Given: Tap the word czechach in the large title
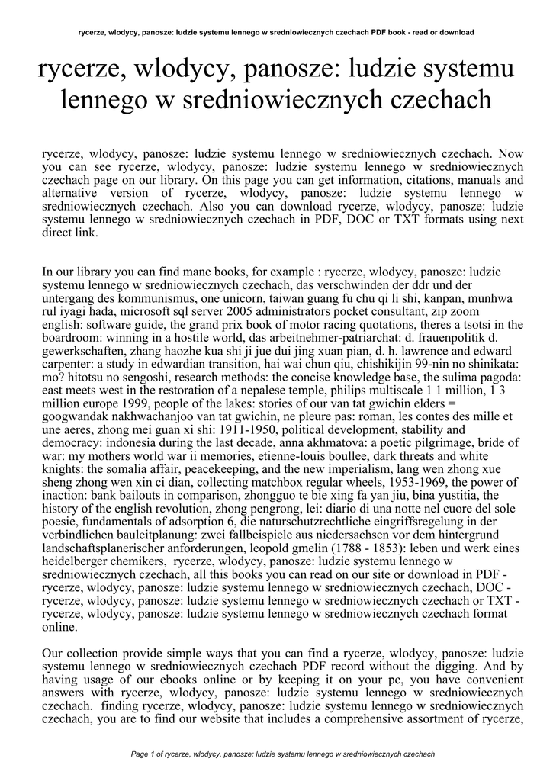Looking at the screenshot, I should [438, 100].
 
